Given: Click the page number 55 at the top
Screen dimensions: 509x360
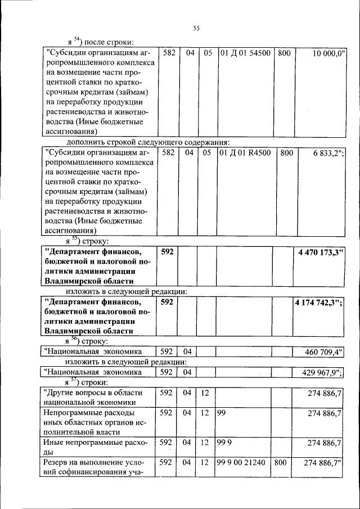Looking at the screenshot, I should [x=196, y=29].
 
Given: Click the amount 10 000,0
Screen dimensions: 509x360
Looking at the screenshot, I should [x=329, y=53].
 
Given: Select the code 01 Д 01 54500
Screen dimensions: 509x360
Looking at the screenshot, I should [x=245, y=53].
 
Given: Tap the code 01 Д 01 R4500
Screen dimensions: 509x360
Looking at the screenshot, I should [x=245, y=152].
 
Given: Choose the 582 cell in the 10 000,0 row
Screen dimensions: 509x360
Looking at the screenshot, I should [x=169, y=53].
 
